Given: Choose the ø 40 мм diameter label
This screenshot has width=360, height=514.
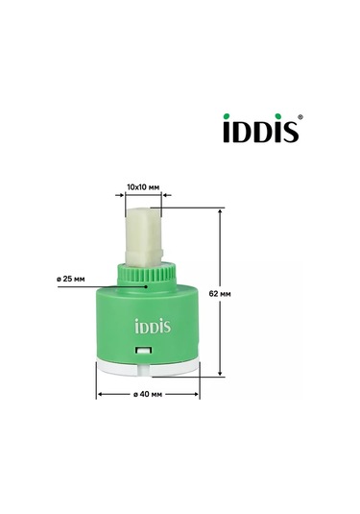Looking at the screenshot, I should click(x=148, y=394).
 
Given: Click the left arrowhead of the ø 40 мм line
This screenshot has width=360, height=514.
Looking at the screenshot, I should click(x=99, y=394).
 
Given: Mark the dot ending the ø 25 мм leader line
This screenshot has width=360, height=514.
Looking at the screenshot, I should click(x=145, y=283).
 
